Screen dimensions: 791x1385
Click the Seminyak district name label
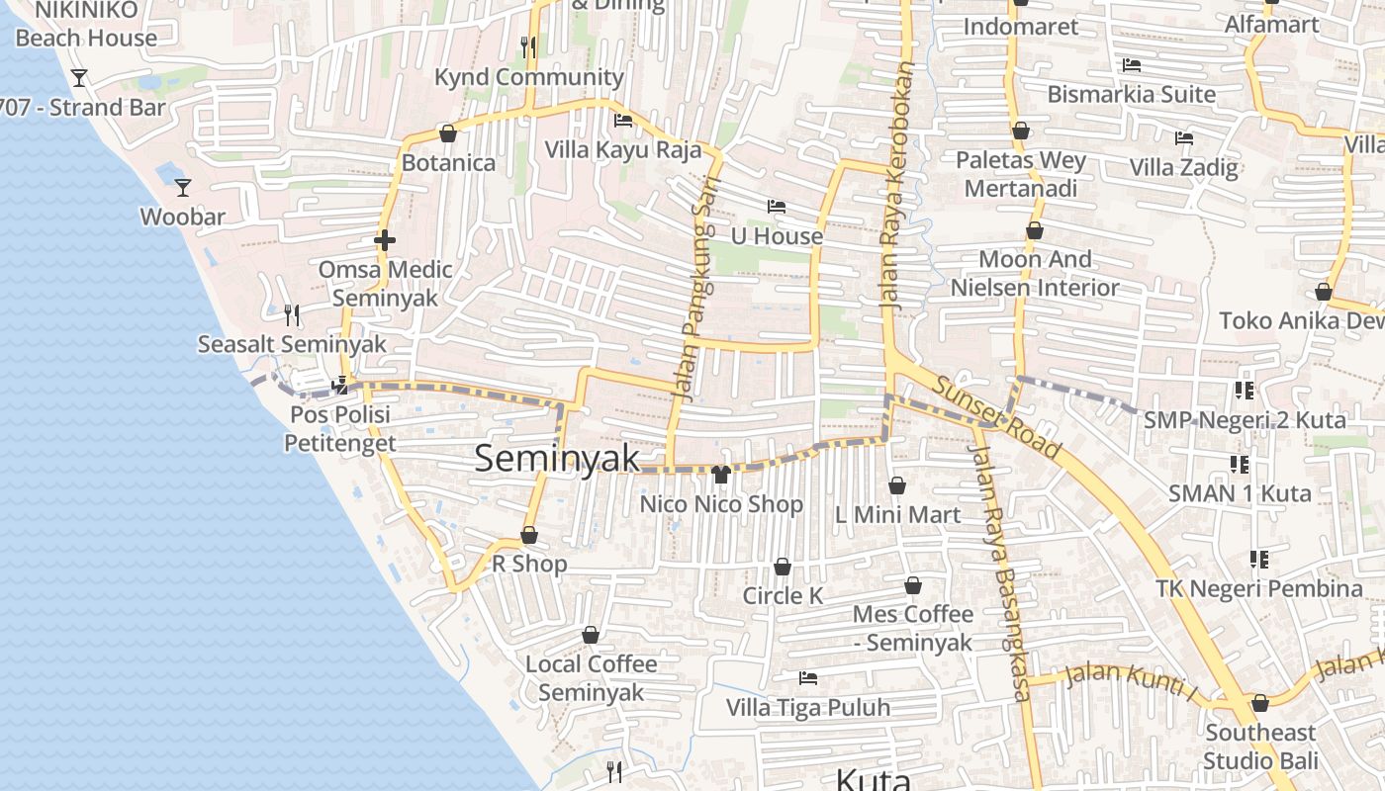(557, 458)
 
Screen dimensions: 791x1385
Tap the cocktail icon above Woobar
(183, 187)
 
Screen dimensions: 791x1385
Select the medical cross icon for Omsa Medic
(385, 240)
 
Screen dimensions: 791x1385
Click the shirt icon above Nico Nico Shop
(720, 475)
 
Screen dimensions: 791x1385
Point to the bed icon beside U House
(777, 207)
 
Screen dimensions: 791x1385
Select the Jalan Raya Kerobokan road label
(898, 188)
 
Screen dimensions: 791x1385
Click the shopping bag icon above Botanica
(447, 133)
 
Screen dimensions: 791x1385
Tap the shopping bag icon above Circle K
(782, 567)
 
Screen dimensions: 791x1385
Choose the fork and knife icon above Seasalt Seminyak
(292, 315)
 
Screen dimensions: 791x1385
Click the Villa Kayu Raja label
(623, 150)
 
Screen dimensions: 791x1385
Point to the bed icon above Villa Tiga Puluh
(808, 678)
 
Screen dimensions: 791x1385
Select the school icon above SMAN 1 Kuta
(1239, 464)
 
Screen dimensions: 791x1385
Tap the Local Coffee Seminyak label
(592, 677)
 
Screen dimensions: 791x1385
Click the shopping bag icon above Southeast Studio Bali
(1259, 703)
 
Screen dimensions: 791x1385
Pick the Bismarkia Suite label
(1132, 95)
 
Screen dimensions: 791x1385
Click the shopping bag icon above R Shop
(529, 535)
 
